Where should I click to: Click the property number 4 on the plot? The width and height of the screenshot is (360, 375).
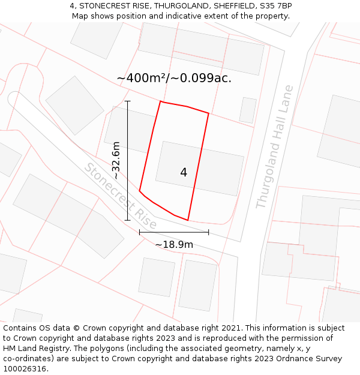[x=184, y=173]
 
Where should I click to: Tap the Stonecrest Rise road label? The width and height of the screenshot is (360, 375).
[x=120, y=196]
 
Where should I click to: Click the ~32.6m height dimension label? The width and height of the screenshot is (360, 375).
[x=116, y=160]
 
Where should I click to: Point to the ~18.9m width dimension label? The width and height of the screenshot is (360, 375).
[x=174, y=245]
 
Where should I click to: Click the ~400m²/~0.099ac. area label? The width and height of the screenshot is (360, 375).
[x=174, y=78]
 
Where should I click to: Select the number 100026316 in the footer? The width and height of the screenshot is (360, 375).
[x=25, y=369]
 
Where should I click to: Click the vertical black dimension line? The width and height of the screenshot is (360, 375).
[x=128, y=161]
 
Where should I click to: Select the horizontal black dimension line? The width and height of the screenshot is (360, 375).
[x=174, y=232]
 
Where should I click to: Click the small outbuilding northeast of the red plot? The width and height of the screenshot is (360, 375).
[x=248, y=110]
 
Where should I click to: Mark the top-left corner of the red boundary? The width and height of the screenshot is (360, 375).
[x=161, y=101]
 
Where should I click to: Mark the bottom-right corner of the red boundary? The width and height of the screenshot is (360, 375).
[x=188, y=220]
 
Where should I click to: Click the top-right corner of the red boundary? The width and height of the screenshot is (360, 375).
[x=209, y=113]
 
